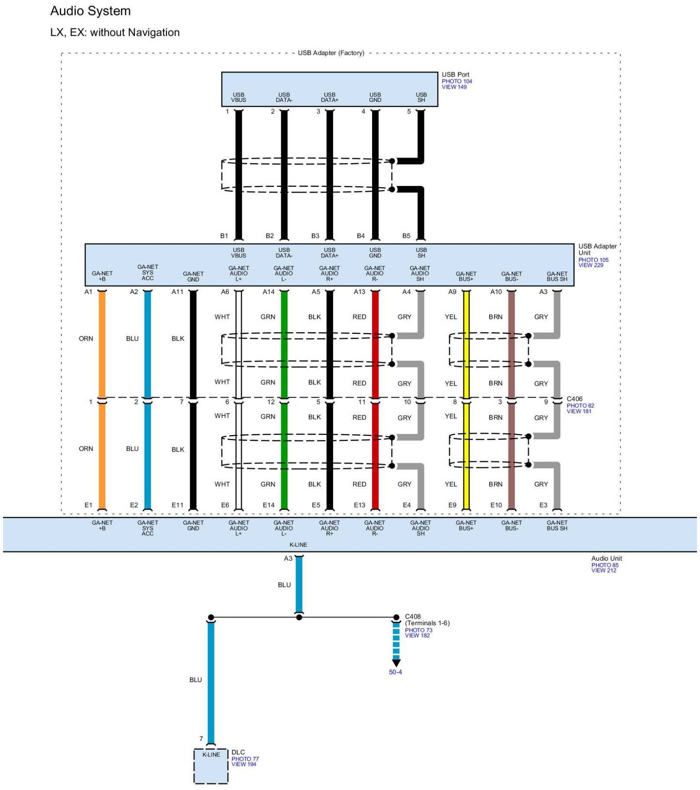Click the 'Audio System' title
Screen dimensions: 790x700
pos(90,11)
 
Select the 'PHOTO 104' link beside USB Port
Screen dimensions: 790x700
pos(457,81)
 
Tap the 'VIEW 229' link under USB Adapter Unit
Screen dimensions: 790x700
pos(591,265)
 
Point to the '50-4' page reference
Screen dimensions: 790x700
pos(395,672)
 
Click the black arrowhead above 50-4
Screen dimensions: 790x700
pos(396,663)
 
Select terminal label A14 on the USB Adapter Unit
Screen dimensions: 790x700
pos(268,292)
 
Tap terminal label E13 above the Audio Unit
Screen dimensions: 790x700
pos(359,505)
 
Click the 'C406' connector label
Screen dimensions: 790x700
pos(575,399)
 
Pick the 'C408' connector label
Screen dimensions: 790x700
pos(412,616)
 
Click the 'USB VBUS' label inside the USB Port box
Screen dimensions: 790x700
pos(238,97)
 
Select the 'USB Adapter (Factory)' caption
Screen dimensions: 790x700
pos(331,53)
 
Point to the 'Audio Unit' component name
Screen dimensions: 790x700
pos(607,559)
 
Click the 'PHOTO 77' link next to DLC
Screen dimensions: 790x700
pos(245,759)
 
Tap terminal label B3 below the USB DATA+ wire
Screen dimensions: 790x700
pos(315,236)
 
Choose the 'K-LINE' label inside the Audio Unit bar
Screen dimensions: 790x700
pos(298,545)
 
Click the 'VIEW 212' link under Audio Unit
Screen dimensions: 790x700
pos(603,571)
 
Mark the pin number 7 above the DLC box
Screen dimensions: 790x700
pos(201,739)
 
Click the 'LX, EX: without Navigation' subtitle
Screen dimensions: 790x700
pos(115,33)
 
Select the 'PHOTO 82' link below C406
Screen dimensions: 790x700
pos(580,406)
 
